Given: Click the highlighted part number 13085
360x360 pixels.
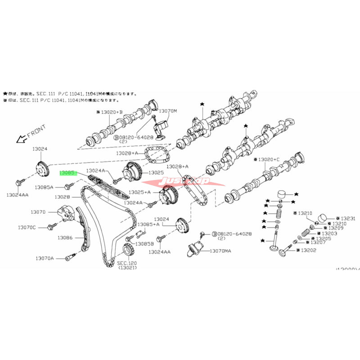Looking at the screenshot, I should pos(69,172).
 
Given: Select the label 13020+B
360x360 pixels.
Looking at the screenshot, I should pos(111,111).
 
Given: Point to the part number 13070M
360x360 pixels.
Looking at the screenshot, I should pos(169,110).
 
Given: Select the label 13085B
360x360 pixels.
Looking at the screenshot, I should pos(145,243).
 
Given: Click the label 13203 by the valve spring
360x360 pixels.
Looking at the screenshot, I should pos(329,234).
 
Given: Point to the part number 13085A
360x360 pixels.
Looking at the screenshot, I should pos(45,187).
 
